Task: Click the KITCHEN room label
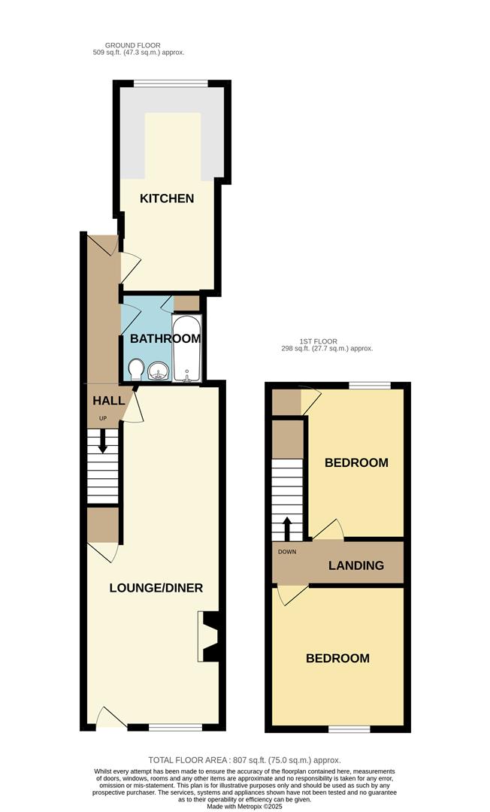tap(167, 198)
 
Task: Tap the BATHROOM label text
tap(165, 338)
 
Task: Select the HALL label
tap(109, 400)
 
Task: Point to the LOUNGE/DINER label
tap(156, 588)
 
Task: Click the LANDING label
tap(356, 565)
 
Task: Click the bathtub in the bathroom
tap(186, 348)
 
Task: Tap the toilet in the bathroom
tap(136, 370)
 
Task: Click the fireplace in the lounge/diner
tap(208, 637)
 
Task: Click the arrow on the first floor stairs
tap(286, 529)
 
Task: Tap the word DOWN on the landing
tap(287, 552)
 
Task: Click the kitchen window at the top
tap(171, 83)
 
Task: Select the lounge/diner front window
tap(175, 727)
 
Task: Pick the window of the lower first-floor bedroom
tap(349, 729)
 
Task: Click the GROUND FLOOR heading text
tap(132, 46)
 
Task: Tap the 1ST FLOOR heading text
tap(318, 341)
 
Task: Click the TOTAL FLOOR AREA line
tap(245, 760)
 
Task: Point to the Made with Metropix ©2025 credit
tap(245, 807)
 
